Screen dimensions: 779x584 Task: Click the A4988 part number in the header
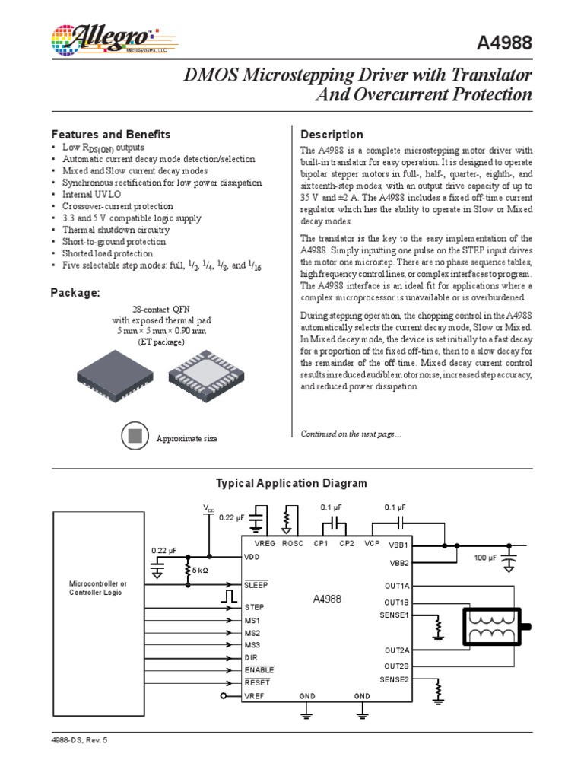click(x=503, y=45)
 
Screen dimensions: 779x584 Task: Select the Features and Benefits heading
click(x=110, y=134)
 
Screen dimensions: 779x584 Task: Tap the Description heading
click(x=332, y=135)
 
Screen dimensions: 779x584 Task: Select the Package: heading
click(x=75, y=293)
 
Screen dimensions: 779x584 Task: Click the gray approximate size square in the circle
click(x=134, y=436)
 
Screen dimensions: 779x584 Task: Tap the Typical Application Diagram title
click(x=291, y=483)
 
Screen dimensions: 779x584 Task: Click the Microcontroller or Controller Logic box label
click(x=98, y=587)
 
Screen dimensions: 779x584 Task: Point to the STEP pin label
click(x=254, y=607)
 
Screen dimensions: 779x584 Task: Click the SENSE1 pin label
click(x=395, y=615)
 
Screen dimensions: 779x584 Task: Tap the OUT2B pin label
click(x=396, y=666)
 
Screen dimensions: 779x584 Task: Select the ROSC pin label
click(x=292, y=544)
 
